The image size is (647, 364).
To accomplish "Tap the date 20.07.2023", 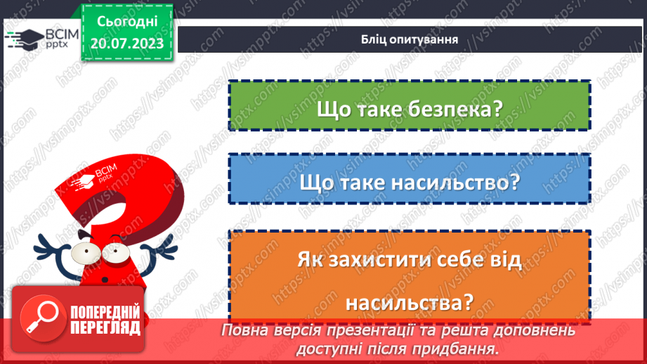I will [x=126, y=43].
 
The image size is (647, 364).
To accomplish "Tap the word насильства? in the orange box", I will [x=409, y=302].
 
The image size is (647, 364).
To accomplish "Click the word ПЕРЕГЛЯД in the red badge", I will [x=105, y=327].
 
